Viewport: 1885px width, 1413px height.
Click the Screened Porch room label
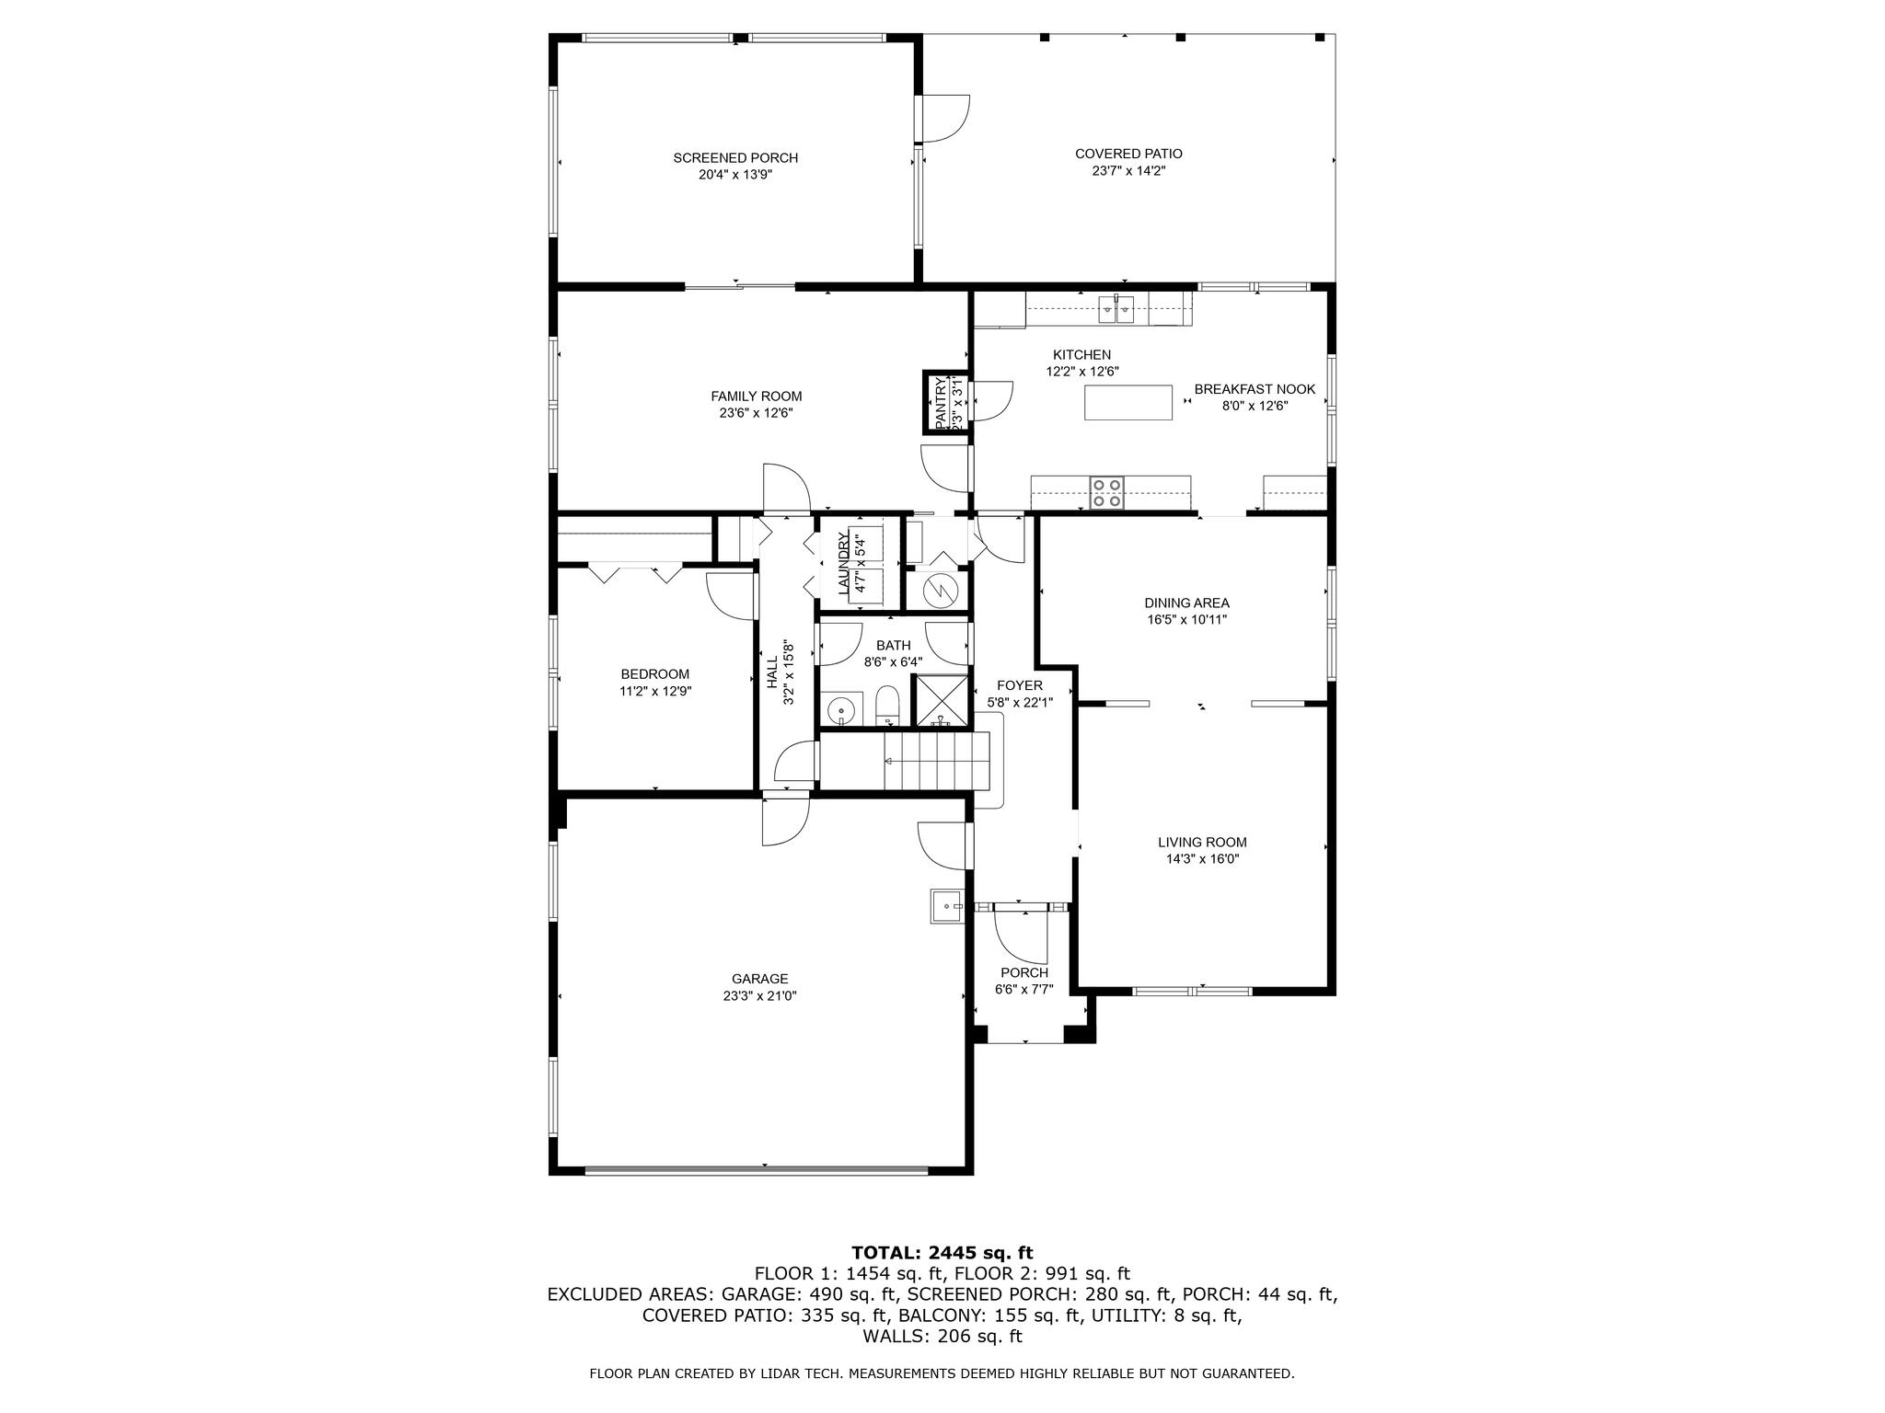point(735,158)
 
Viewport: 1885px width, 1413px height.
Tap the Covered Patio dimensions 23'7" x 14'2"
point(1128,170)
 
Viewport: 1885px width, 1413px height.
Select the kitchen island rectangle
point(1128,403)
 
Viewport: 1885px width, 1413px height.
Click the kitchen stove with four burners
point(1106,493)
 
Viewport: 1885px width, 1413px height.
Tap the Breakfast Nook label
point(1255,389)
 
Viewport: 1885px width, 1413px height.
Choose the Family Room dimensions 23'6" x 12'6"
point(756,413)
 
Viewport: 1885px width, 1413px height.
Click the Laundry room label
point(843,565)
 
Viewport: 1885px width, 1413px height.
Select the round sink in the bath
point(842,711)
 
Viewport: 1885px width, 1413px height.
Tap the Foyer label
point(1020,685)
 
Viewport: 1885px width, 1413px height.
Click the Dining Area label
point(1186,603)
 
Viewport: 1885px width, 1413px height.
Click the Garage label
point(760,979)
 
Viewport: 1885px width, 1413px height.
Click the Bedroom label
point(654,674)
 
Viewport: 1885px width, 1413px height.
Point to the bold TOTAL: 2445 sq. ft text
point(942,1253)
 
